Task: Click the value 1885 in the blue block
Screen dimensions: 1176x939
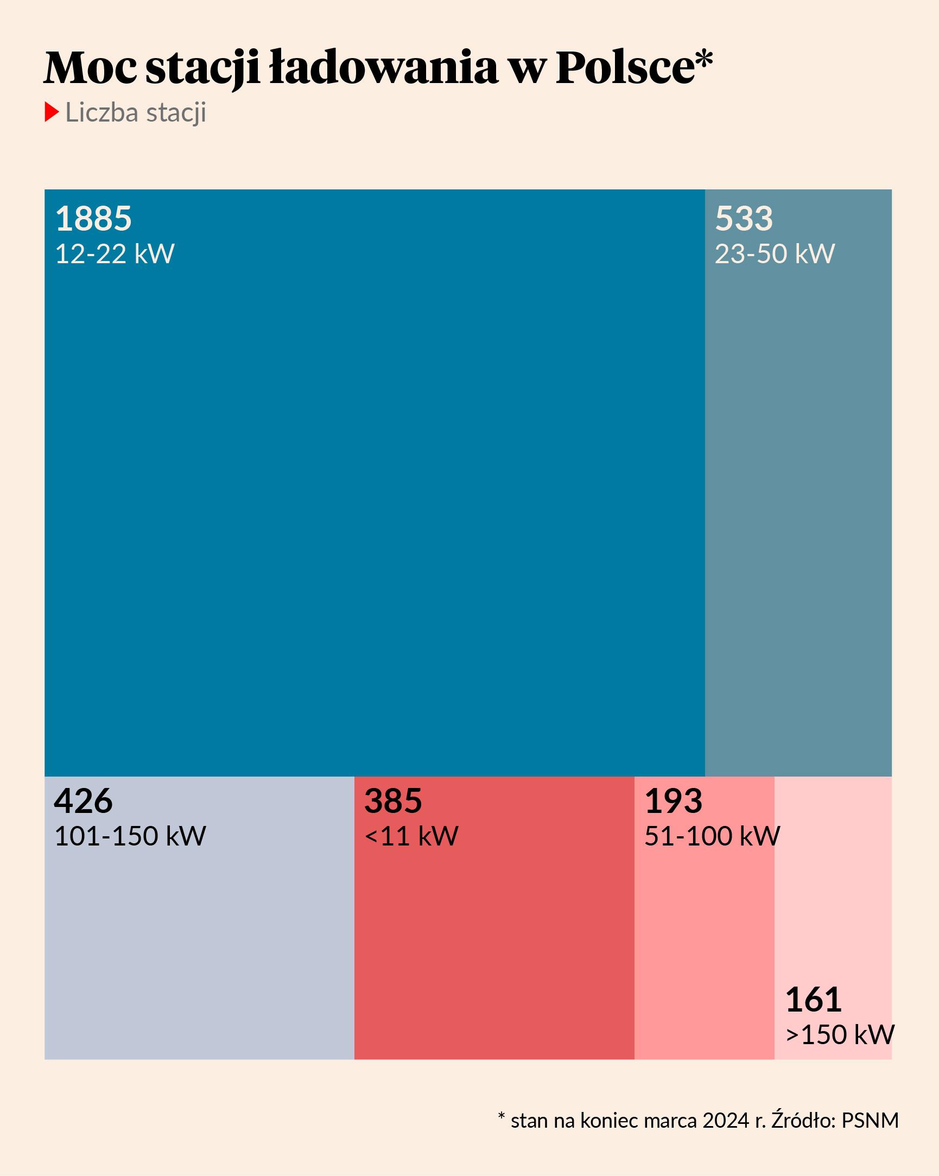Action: (93, 219)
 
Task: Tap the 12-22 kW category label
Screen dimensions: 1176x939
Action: (115, 254)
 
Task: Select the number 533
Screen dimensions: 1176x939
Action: (744, 219)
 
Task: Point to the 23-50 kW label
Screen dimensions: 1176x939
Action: (774, 254)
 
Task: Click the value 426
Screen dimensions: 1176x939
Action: (83, 800)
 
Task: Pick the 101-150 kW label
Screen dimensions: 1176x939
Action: (130, 836)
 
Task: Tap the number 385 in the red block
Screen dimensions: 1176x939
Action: (393, 800)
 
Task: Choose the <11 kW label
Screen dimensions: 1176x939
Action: (411, 836)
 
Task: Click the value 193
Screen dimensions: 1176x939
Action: (673, 800)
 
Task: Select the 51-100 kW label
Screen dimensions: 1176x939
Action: (712, 836)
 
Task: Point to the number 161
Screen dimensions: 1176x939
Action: (813, 1000)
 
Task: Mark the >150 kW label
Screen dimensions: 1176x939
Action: (840, 1035)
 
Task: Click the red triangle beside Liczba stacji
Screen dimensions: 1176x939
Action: (51, 112)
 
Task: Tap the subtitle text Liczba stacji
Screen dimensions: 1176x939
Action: (135, 112)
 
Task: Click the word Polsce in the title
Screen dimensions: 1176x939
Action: (625, 68)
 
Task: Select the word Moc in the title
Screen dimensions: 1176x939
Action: (91, 68)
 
